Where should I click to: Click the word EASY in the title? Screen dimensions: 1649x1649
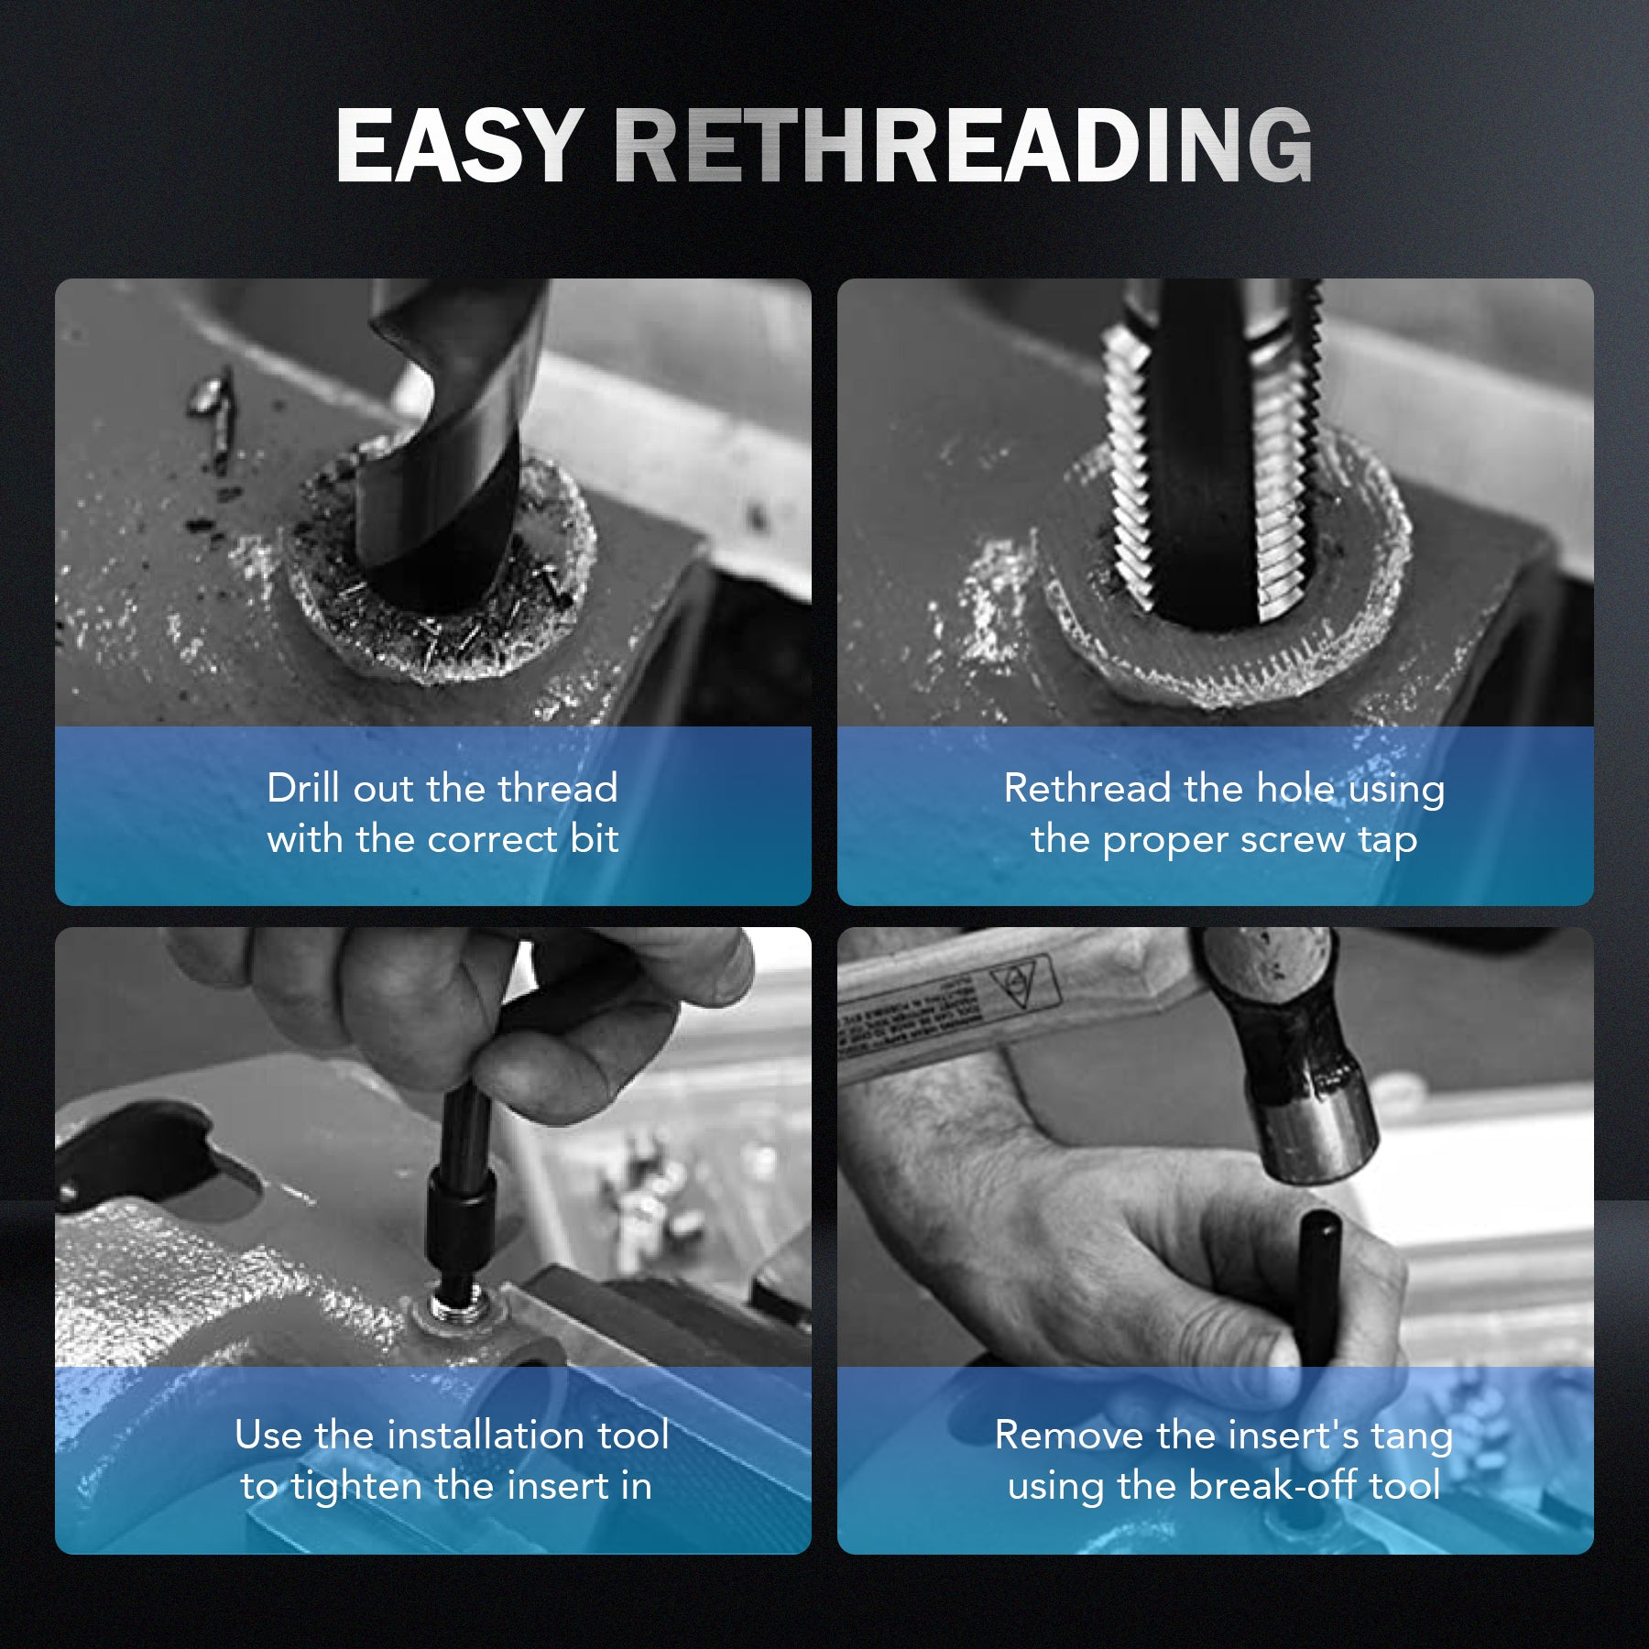(x=460, y=146)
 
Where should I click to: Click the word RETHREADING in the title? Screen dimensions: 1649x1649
(x=963, y=146)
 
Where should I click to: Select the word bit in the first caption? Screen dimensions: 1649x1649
(x=595, y=839)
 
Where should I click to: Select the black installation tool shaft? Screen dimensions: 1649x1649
(x=463, y=1191)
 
